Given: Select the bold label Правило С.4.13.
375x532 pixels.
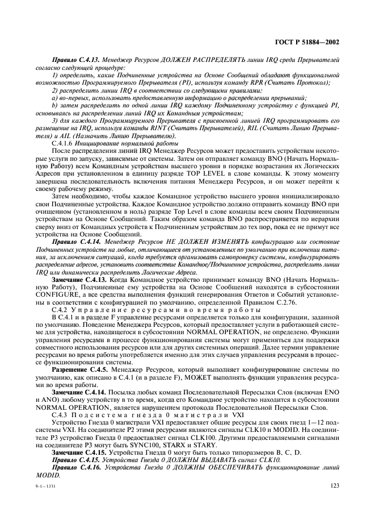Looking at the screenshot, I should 75,59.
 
